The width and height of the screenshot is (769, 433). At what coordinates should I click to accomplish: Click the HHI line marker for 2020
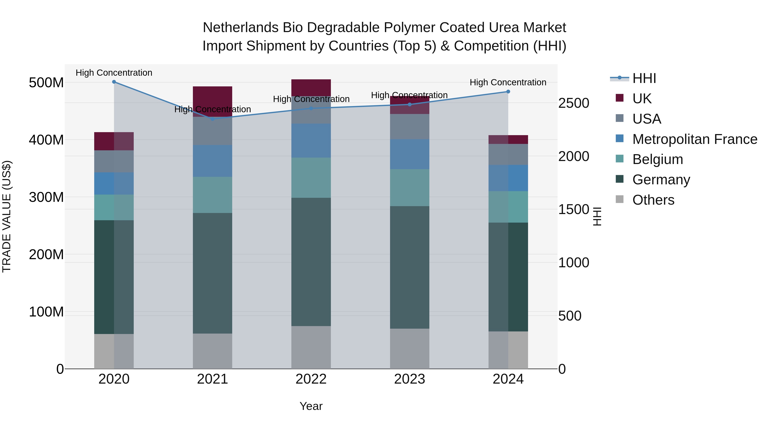click(114, 82)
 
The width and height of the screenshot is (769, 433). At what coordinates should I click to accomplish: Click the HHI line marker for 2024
click(508, 92)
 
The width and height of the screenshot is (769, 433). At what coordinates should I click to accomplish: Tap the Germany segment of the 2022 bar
click(311, 262)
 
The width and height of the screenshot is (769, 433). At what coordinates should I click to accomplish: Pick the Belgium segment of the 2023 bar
click(409, 188)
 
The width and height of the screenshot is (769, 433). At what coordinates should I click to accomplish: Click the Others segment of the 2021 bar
click(213, 351)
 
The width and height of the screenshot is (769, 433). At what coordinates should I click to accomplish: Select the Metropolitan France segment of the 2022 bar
click(311, 140)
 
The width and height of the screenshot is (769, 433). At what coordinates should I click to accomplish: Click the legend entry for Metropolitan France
click(695, 139)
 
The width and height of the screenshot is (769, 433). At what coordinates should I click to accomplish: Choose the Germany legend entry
click(661, 180)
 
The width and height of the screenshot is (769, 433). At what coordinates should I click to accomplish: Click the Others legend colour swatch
click(619, 199)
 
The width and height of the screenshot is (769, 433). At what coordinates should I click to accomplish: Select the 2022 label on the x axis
click(311, 379)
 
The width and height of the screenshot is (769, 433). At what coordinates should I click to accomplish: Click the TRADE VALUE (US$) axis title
click(7, 216)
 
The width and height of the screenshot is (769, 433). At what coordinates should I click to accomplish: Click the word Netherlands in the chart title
click(241, 28)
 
